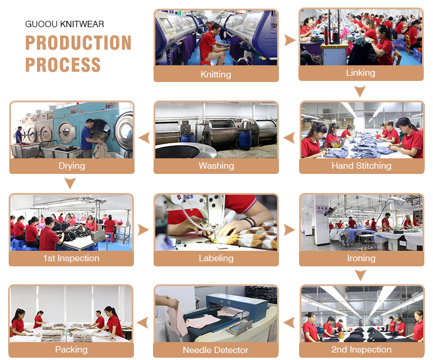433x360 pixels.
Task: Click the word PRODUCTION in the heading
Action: (x=79, y=43)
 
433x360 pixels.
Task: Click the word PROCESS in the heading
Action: (x=63, y=65)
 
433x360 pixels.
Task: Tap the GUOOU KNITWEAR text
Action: (x=65, y=24)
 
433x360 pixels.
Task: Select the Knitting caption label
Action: (x=216, y=75)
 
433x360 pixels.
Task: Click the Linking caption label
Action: (x=361, y=73)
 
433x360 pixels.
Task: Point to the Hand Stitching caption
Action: (x=361, y=166)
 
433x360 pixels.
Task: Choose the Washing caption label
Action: (x=216, y=166)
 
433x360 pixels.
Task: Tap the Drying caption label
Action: (x=72, y=166)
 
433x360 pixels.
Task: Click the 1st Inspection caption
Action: (x=71, y=258)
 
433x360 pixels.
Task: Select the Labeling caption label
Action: (x=216, y=258)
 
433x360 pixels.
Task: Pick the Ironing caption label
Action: (x=361, y=258)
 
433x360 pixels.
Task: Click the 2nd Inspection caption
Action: (x=361, y=350)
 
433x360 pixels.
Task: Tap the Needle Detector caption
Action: (x=215, y=350)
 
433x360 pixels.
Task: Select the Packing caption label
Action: (x=71, y=350)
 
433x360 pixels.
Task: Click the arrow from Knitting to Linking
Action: (x=290, y=40)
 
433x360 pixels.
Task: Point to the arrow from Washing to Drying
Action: (x=144, y=138)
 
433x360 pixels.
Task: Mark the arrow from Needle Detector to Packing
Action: (x=143, y=322)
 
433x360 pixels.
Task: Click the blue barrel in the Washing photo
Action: (x=245, y=139)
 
